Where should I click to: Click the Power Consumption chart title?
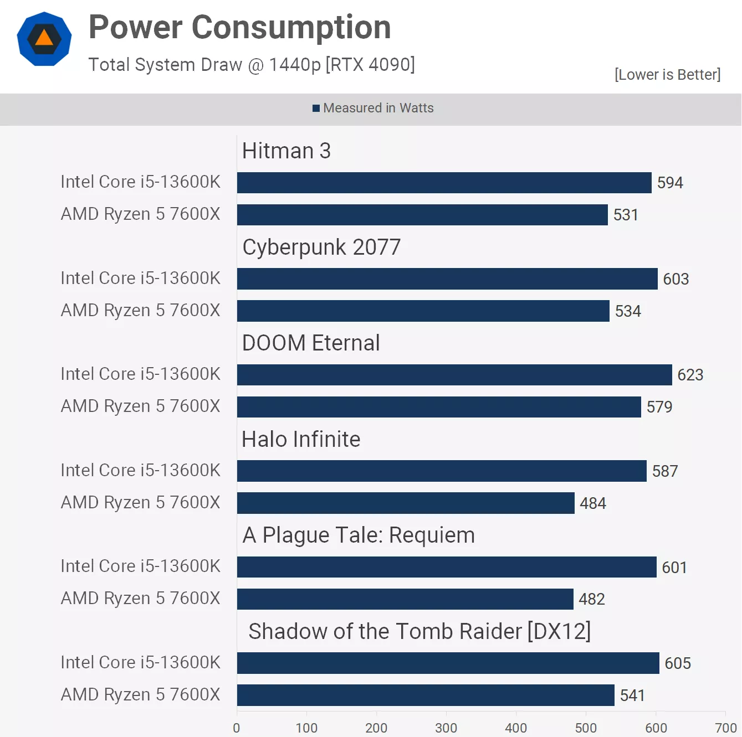coord(240,28)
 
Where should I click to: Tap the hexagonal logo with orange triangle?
coord(44,39)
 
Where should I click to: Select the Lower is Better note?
coord(667,74)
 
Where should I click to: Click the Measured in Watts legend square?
coord(316,108)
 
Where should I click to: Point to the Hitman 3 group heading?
coord(286,151)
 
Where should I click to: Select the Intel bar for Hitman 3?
coord(444,182)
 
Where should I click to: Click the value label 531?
coord(626,215)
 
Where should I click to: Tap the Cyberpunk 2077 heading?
coord(321,247)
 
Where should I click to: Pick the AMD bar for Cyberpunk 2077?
coord(423,311)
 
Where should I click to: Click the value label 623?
coord(690,375)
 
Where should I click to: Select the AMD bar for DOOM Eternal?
coord(439,407)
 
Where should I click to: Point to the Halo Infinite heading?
coord(301,439)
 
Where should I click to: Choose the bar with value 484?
coord(406,503)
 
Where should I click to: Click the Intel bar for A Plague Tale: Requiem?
coord(447,567)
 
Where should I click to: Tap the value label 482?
coord(592,599)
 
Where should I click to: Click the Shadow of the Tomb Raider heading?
coord(419,632)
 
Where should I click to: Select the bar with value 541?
coord(426,695)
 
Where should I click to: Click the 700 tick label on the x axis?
coord(726,728)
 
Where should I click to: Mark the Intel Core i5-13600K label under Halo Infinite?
coord(141,470)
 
